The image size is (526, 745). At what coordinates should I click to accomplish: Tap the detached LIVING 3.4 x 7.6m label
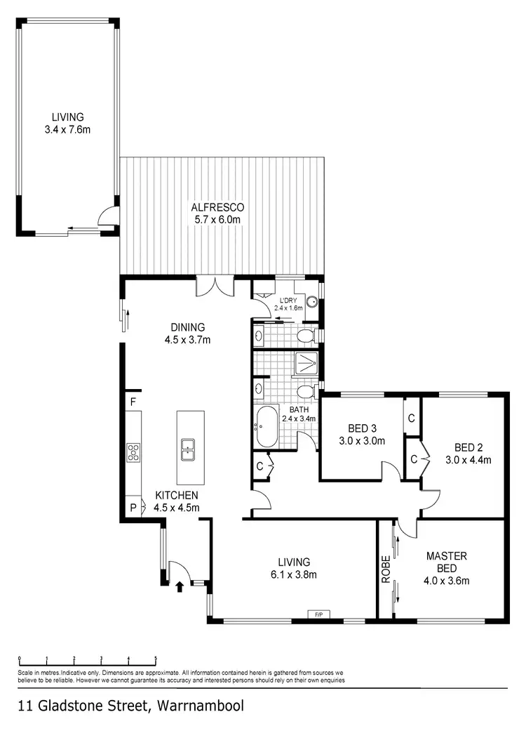67,123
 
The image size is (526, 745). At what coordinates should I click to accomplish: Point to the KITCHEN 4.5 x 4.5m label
177,501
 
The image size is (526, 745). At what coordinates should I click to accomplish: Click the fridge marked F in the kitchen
131,402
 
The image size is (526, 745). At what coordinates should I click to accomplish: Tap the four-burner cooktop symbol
133,452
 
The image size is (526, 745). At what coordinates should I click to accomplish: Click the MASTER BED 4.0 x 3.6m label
447,568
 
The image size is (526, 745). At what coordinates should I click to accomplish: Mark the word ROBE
385,569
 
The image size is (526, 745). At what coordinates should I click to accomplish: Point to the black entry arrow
179,586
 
